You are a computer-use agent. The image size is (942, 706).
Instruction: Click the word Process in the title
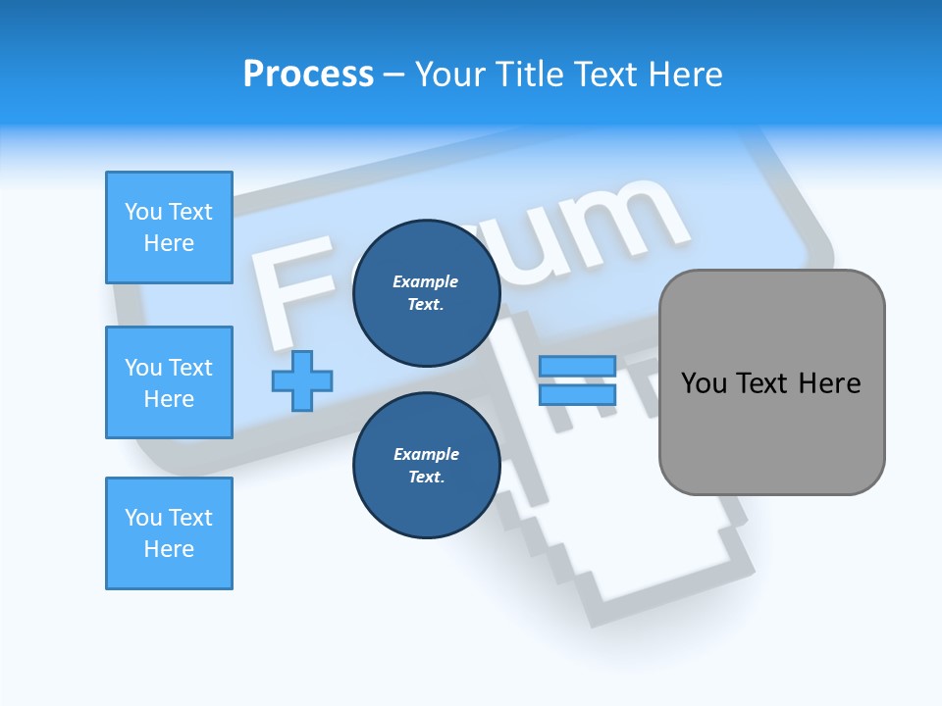pos(308,75)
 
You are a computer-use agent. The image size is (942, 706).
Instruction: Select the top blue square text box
pos(169,227)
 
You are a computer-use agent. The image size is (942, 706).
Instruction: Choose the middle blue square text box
pos(169,382)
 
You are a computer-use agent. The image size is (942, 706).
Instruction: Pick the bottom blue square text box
pos(169,533)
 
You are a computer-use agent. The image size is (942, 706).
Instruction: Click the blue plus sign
pos(302,379)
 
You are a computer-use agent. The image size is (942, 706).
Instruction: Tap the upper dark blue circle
pos(426,293)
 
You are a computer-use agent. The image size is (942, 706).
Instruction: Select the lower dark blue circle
pos(426,466)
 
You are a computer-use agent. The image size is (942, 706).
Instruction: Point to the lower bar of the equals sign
pos(577,394)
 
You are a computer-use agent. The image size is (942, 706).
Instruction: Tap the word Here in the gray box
pos(829,383)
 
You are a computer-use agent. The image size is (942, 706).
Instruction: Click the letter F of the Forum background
pos(294,294)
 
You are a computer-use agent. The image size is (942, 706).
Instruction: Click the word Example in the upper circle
pos(426,281)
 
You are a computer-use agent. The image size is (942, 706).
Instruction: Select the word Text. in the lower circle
pos(426,478)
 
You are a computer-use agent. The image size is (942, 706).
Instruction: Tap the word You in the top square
pos(143,212)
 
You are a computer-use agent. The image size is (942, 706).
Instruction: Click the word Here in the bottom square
pos(169,549)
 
